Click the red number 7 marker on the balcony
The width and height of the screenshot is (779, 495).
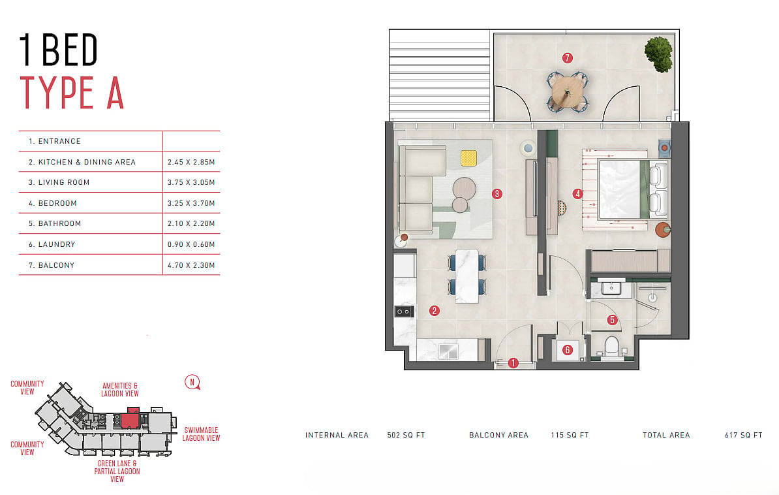click(x=568, y=58)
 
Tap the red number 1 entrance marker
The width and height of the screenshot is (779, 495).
click(x=513, y=363)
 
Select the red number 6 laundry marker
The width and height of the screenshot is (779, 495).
click(x=568, y=350)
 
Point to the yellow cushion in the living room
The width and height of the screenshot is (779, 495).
click(x=468, y=158)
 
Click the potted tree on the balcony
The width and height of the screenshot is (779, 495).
click(x=659, y=54)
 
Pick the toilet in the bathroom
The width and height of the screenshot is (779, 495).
click(x=611, y=347)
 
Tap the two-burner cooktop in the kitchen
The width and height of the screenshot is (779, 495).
click(x=404, y=311)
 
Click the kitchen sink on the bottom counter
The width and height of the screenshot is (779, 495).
click(x=449, y=351)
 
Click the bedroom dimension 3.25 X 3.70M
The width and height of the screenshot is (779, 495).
click(x=191, y=204)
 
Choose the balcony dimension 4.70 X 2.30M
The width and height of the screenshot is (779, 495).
click(x=191, y=266)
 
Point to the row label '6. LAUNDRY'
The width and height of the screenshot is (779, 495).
click(x=52, y=245)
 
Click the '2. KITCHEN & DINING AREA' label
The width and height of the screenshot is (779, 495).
click(x=82, y=162)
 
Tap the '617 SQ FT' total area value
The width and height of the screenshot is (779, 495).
click(x=743, y=436)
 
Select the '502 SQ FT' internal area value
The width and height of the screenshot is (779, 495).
click(x=406, y=436)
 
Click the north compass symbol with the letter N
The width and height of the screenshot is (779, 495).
click(x=192, y=383)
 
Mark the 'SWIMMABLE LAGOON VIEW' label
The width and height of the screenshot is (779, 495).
click(x=201, y=434)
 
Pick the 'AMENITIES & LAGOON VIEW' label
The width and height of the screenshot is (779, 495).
click(x=120, y=389)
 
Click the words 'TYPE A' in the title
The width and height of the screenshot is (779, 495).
click(x=72, y=93)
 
